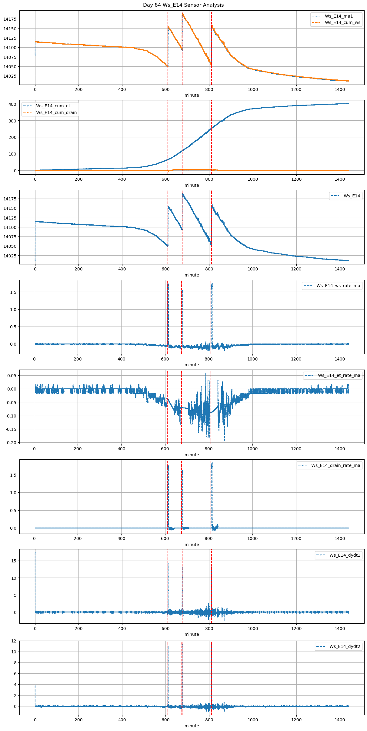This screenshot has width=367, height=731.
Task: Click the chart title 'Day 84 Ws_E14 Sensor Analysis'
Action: pyautogui.click(x=183, y=5)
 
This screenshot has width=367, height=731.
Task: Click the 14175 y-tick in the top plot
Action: pyautogui.click(x=10, y=19)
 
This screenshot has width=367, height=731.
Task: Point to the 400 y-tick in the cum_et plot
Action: pyautogui.click(x=12, y=104)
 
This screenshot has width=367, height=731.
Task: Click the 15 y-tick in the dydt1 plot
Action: pyautogui.click(x=14, y=561)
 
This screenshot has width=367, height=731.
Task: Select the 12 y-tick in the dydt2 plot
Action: pyautogui.click(x=14, y=641)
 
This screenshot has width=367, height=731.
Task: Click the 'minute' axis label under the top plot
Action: pyautogui.click(x=192, y=95)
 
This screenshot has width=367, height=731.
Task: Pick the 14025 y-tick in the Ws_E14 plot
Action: pyautogui.click(x=10, y=256)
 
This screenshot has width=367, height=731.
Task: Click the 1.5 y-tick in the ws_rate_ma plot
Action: pyautogui.click(x=13, y=292)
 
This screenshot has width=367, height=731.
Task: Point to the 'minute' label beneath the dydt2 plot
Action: pyautogui.click(x=192, y=726)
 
